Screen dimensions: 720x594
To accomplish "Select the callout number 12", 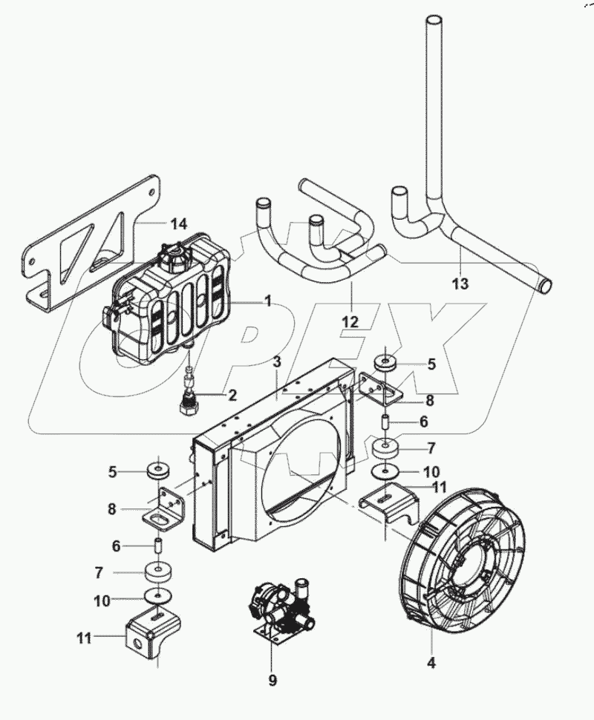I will [x=350, y=321].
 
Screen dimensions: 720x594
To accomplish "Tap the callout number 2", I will [x=232, y=395].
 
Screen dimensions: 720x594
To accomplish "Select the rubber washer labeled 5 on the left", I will [x=158, y=471].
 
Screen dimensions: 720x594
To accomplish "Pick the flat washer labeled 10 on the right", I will [x=384, y=471].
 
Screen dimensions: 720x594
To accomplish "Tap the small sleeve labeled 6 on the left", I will [x=157, y=546].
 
